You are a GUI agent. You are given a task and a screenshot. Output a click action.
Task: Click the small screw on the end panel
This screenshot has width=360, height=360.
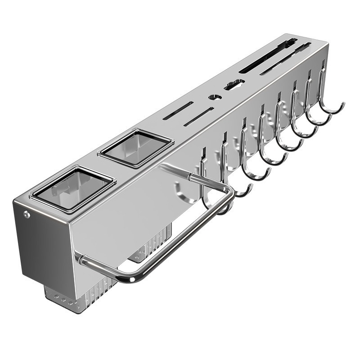click(27, 215)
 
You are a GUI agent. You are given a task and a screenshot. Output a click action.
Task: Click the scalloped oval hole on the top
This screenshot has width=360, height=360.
click(234, 84)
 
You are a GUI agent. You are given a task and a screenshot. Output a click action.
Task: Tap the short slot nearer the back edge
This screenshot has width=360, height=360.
click(178, 111)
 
